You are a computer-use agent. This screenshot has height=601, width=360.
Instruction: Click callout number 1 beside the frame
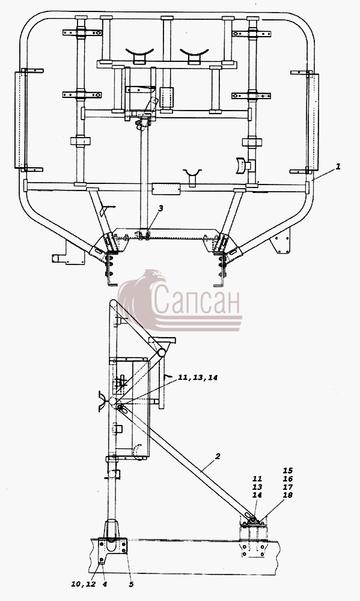coord(338,166)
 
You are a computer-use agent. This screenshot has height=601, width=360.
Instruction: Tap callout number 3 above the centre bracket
coord(160,208)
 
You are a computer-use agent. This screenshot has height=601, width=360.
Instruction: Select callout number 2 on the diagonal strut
coord(218,456)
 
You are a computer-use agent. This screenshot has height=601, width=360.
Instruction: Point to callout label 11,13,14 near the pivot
coord(198,378)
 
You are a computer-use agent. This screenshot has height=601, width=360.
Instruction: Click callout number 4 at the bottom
coord(105,584)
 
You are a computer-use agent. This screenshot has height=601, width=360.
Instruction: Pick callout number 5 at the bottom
coord(131,584)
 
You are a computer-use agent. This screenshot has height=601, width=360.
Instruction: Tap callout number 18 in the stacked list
coord(287,495)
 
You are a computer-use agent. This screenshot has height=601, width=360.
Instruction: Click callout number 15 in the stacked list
coord(287,471)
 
